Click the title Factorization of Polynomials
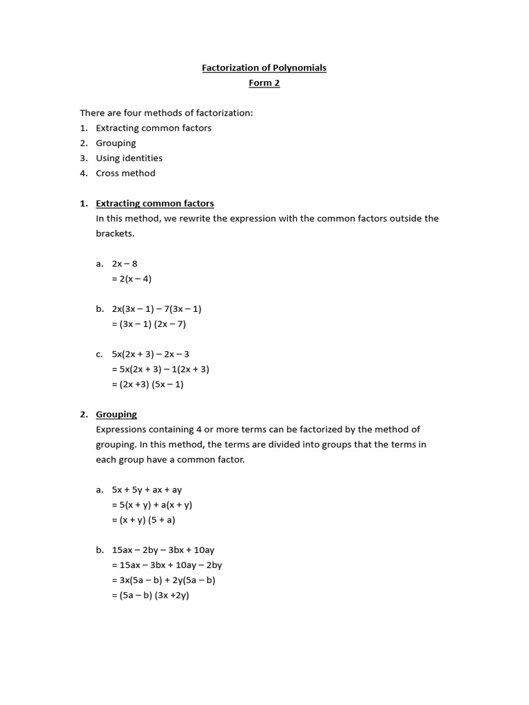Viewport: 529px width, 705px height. [264, 67]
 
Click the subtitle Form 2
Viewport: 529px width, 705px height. [264, 83]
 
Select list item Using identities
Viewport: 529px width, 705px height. [129, 158]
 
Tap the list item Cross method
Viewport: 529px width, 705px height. [125, 173]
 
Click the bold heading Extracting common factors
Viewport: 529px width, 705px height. [154, 204]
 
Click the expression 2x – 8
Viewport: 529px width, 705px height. [125, 264]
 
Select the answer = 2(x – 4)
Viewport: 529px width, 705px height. [131, 279]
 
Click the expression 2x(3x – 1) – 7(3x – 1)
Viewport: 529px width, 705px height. [156, 309]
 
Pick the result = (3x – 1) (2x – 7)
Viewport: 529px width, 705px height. [149, 324]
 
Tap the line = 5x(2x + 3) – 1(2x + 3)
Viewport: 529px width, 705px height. [160, 369]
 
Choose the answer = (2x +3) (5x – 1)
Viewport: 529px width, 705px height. [147, 384]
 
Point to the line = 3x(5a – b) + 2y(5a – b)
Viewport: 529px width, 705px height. [163, 580]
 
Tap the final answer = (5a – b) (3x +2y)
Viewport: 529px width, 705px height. [149, 596]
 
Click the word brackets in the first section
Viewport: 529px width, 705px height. [116, 233]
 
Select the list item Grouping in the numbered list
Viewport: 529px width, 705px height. [116, 143]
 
